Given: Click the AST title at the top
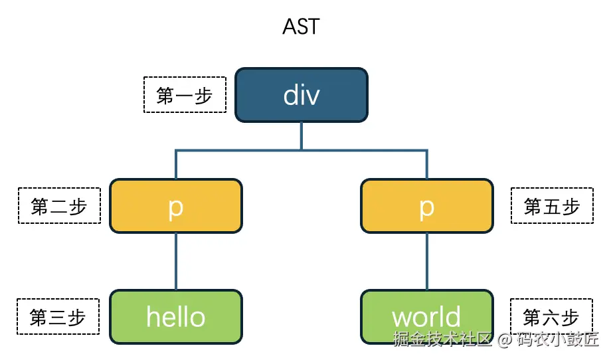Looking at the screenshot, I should (301, 27).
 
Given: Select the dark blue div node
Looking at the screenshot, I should (301, 95).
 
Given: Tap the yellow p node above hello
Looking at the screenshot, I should (175, 206).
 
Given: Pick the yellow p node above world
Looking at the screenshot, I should (426, 206).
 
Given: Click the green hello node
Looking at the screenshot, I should (175, 317).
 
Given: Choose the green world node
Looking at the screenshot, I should (426, 317).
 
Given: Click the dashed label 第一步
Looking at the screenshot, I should (185, 95).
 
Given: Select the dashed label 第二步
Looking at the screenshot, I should (59, 206).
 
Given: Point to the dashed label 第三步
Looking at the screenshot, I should (58, 317).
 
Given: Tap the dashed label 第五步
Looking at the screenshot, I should (552, 206).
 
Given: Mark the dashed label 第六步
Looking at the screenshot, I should (551, 317).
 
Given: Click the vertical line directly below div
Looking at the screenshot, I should (302, 136).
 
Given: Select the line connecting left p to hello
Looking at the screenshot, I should (176, 261).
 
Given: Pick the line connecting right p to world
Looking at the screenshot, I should (426, 261).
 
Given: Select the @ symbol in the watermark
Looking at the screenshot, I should (504, 339).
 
